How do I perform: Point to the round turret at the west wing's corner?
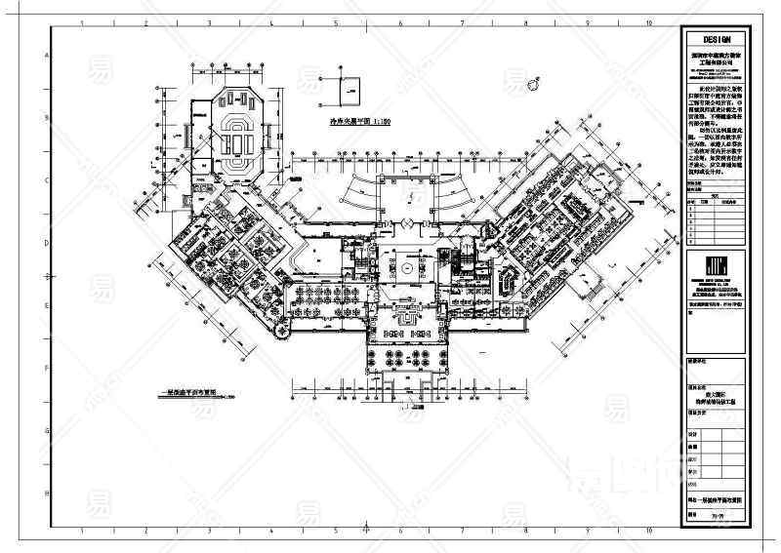click(x=284, y=335)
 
